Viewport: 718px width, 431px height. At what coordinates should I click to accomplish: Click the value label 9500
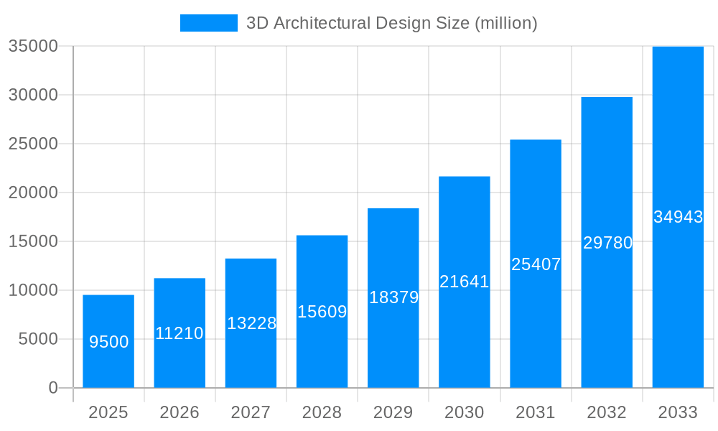(108, 342)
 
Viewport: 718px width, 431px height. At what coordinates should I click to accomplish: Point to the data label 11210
(179, 333)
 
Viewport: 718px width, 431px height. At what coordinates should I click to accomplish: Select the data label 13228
(251, 323)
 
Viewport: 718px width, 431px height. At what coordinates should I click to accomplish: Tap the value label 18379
(393, 297)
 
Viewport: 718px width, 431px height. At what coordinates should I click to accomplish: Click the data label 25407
(536, 264)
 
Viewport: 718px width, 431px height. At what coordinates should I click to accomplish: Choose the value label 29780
(607, 243)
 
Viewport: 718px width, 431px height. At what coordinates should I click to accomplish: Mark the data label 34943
(678, 217)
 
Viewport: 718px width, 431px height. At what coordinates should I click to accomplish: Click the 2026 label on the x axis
(179, 412)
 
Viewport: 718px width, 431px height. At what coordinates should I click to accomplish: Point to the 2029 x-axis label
(393, 412)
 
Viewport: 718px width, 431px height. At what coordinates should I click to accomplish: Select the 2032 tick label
(607, 412)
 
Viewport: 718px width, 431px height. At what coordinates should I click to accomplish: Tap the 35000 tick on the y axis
(32, 46)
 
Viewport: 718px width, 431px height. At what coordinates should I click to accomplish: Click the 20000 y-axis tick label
(32, 193)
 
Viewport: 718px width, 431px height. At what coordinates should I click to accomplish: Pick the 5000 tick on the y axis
(37, 339)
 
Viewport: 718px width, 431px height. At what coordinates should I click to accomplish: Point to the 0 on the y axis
(53, 388)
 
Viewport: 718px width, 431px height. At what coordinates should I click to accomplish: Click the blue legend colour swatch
(208, 23)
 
